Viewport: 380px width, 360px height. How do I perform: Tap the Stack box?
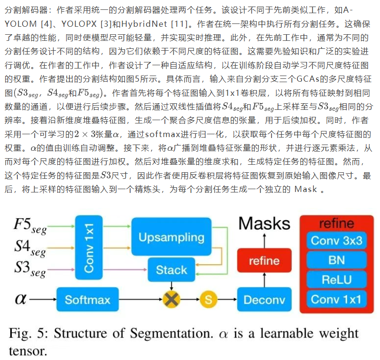point(171,270)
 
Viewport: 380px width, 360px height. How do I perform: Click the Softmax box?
point(87,299)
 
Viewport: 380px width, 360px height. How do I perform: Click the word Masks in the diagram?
point(264,222)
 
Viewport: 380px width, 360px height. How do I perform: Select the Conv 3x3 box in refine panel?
point(336,241)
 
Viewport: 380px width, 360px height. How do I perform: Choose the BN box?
point(336,260)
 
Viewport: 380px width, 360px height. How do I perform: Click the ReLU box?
point(336,279)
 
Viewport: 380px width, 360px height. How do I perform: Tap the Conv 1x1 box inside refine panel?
point(336,299)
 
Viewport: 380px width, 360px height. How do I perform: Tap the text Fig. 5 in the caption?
point(28,334)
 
